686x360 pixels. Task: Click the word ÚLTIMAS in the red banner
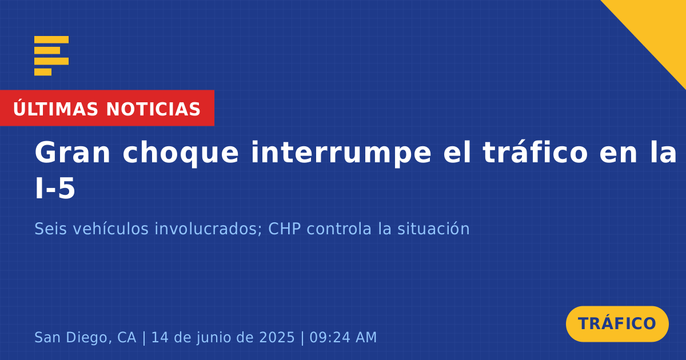55,109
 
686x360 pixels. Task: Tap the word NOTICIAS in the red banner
153,109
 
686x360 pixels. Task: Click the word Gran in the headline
72,153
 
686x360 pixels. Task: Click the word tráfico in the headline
535,152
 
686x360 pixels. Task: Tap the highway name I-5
55,189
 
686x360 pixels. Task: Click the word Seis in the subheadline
50,229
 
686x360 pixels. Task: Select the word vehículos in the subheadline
110,229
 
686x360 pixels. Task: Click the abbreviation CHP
285,229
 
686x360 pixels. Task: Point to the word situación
433,229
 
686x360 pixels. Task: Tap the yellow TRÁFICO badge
617,324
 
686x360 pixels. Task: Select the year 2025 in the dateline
277,337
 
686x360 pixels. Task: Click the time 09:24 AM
343,337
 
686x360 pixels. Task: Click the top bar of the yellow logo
51,39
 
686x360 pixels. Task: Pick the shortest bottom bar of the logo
43,72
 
